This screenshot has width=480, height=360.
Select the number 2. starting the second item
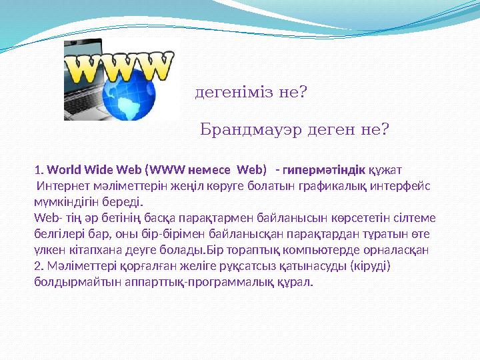point(38,266)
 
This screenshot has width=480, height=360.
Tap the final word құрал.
point(297,282)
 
